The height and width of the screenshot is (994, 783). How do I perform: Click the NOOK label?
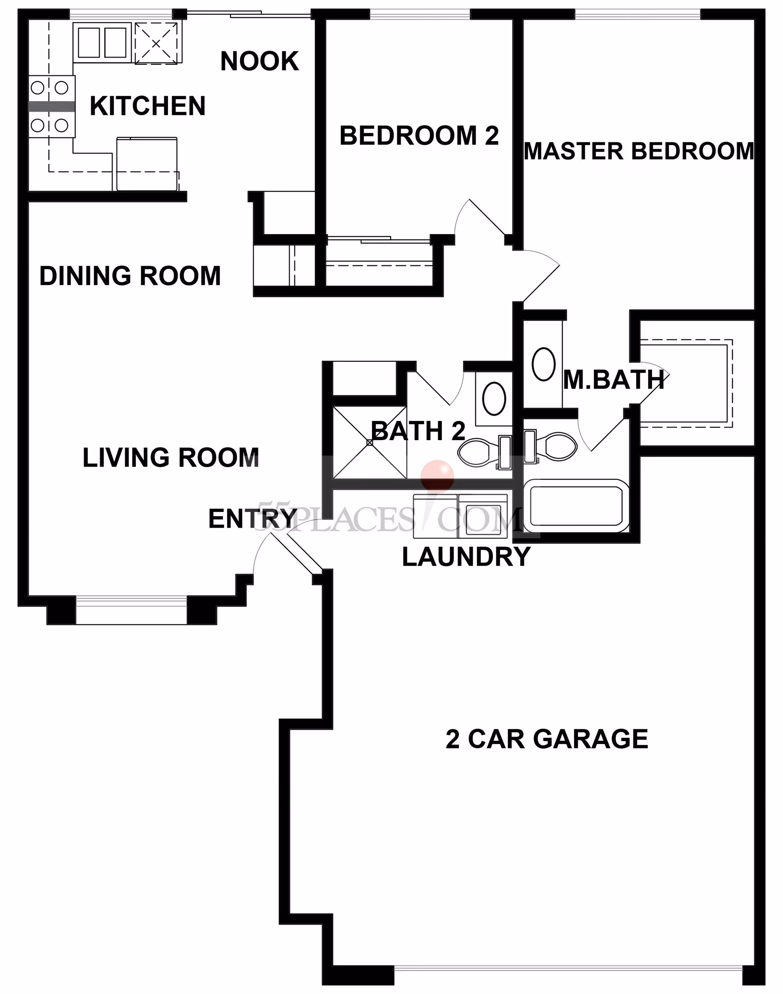coord(259,61)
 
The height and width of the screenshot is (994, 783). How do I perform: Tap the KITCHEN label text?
coord(147,106)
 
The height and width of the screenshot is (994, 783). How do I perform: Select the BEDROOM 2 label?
coord(418,136)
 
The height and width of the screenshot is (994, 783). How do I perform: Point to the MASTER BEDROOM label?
coord(639,151)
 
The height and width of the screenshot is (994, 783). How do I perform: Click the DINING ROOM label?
coord(130,276)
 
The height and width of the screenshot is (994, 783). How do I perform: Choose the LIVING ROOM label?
coord(170,458)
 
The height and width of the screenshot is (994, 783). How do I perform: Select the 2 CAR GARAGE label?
coord(546,739)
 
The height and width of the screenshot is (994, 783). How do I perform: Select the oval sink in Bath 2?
coord(494,399)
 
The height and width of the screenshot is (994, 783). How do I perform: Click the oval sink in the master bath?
coord(543,364)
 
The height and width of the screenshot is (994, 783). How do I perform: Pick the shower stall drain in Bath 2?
coord(369,443)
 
